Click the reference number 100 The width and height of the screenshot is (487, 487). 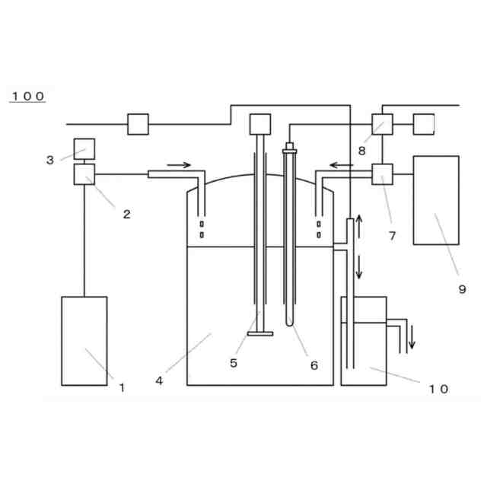pyautogui.click(x=28, y=96)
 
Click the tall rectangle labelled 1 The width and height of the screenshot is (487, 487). pyautogui.click(x=84, y=340)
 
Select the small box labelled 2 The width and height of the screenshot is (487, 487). pyautogui.click(x=84, y=174)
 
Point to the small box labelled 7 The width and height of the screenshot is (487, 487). pyautogui.click(x=381, y=174)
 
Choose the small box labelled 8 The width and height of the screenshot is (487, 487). pyautogui.click(x=381, y=124)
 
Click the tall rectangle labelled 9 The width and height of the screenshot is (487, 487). pyautogui.click(x=435, y=200)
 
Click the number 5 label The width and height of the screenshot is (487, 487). pyautogui.click(x=234, y=363)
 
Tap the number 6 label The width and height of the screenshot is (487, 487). pyautogui.click(x=314, y=365)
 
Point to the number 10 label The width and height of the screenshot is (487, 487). pyautogui.click(x=438, y=389)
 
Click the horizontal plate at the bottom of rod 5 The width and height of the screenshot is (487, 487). pyautogui.click(x=260, y=333)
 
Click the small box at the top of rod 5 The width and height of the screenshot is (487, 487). pyautogui.click(x=260, y=123)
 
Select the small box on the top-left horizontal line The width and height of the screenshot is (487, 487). pyautogui.click(x=138, y=123)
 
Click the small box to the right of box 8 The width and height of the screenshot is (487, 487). pyautogui.click(x=424, y=123)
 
